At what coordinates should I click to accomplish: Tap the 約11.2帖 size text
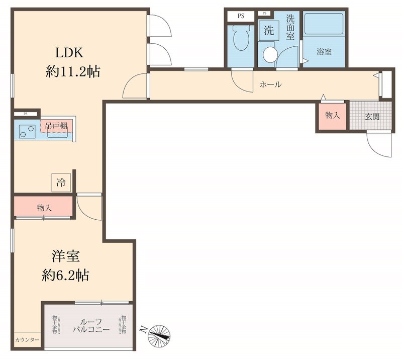(x=73, y=72)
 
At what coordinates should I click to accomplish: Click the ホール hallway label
(x=270, y=85)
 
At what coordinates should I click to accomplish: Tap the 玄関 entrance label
(x=372, y=116)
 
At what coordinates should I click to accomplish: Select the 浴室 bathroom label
(x=324, y=52)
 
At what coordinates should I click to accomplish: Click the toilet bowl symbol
(x=241, y=39)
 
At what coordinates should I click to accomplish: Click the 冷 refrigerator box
(x=61, y=182)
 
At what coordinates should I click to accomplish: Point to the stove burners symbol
(x=26, y=131)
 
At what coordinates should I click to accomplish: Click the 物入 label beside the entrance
(x=332, y=116)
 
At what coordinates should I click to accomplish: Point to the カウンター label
(x=27, y=340)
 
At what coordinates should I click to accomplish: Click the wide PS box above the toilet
(x=241, y=16)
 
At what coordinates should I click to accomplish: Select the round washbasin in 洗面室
(x=271, y=53)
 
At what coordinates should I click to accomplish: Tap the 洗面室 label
(x=290, y=30)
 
